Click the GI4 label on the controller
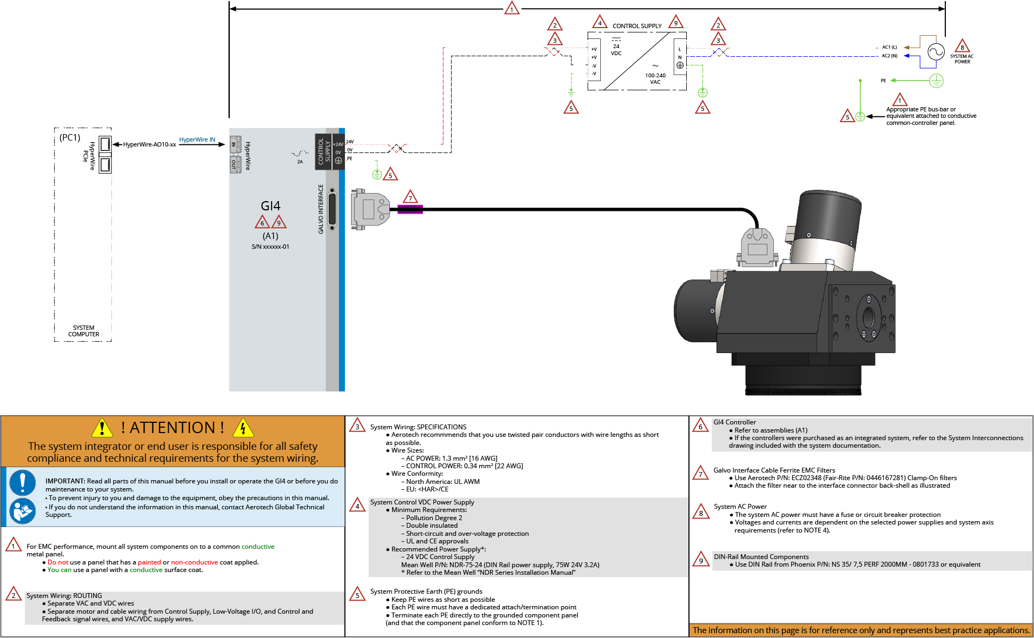[x=270, y=206]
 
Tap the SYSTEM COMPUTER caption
[x=83, y=331]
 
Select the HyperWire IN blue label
[x=197, y=139]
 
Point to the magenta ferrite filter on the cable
[x=410, y=209]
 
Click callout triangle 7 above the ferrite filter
[x=410, y=197]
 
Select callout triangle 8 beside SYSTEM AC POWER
[x=962, y=46]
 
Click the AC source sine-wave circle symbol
[x=936, y=52]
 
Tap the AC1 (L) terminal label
[x=889, y=48]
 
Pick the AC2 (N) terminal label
[x=889, y=56]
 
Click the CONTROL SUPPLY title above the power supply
[x=637, y=26]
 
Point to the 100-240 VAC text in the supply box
[x=655, y=79]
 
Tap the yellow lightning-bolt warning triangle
[x=243, y=428]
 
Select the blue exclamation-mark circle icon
[x=23, y=482]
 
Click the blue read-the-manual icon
[x=23, y=511]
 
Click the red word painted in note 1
[x=149, y=562]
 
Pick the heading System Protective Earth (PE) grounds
[x=426, y=592]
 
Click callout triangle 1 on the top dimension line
[x=512, y=9]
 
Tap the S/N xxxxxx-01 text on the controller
[x=270, y=247]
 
